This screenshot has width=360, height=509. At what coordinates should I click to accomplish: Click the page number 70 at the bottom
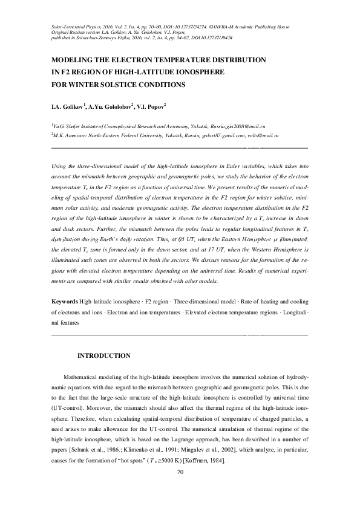tap(180, 472)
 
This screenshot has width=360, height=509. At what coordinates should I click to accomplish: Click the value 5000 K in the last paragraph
tap(165, 461)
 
